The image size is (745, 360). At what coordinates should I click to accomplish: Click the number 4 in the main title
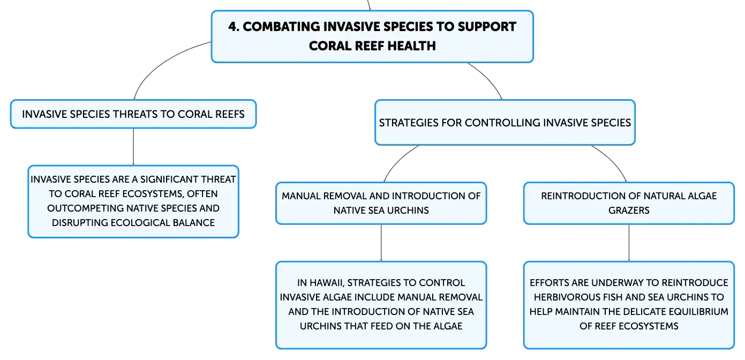(x=234, y=27)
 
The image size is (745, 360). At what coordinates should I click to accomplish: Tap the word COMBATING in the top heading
(x=281, y=27)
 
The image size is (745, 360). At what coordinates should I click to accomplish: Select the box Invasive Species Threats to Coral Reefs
(x=133, y=114)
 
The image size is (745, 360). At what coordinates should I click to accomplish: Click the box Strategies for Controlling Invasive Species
(x=505, y=123)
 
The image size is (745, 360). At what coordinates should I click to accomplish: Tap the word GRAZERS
(x=629, y=211)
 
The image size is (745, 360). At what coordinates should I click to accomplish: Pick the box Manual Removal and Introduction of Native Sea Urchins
(x=381, y=203)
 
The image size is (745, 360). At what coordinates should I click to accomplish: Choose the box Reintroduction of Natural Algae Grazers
(x=629, y=203)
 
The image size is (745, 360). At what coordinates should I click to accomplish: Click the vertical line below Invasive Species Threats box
(x=133, y=147)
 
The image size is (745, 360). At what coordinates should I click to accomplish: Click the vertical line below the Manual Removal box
(x=381, y=243)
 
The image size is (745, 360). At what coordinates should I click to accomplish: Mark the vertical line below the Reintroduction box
(x=629, y=243)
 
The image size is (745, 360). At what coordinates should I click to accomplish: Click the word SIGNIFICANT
(x=169, y=179)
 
